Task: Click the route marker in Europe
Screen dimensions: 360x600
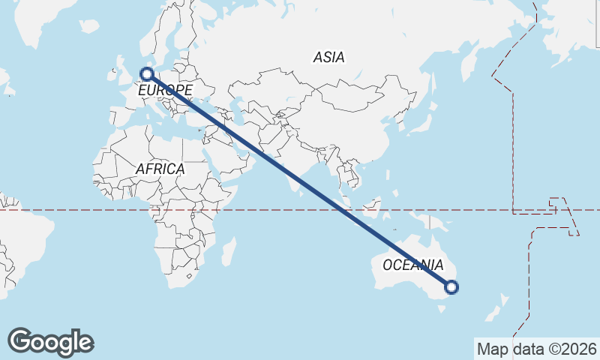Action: tap(147, 74)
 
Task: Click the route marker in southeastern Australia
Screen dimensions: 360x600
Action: tap(451, 286)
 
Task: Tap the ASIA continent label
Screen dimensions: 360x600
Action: tap(328, 57)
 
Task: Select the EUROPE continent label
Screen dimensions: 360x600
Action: tap(165, 91)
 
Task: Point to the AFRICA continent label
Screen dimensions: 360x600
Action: tap(160, 169)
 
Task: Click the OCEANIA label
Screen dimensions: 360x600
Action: tap(412, 265)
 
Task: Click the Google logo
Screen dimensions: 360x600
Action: tap(50, 342)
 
